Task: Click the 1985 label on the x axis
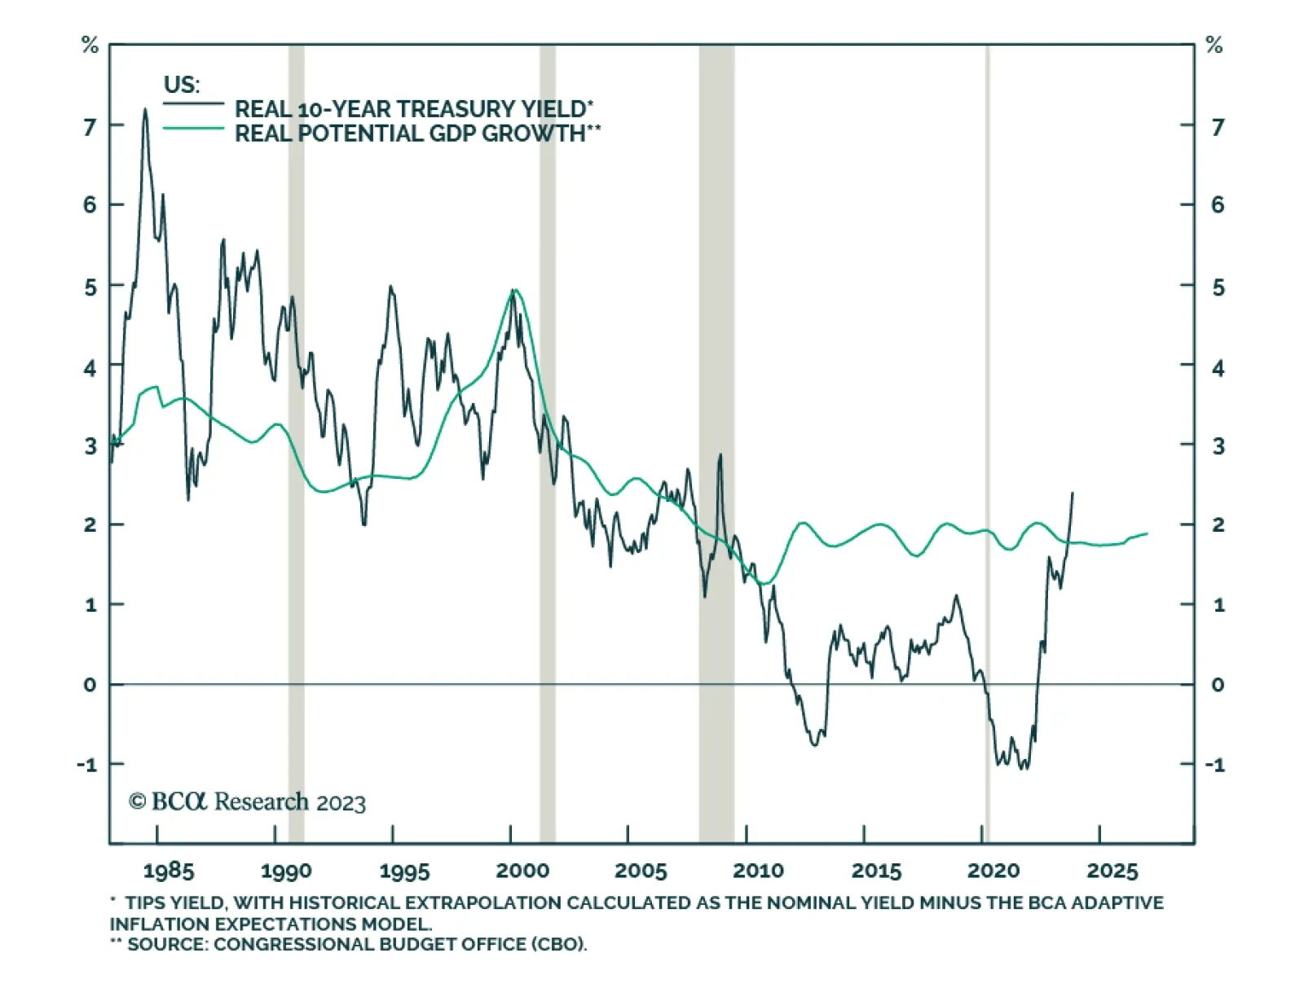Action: point(169,871)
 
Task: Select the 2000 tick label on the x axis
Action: point(522,871)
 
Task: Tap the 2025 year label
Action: point(1112,871)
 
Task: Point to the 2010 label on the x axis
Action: point(758,871)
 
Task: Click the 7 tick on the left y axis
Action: point(90,126)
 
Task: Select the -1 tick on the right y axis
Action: point(1214,765)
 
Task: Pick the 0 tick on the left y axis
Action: point(90,685)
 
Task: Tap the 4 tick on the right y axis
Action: point(1218,369)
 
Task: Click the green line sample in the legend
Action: point(193,129)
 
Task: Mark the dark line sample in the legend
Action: point(193,103)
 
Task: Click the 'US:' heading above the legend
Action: point(181,85)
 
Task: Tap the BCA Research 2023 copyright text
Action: point(247,802)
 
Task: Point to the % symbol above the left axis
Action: point(90,46)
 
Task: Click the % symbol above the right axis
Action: point(1214,46)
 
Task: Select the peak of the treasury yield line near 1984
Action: point(145,110)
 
